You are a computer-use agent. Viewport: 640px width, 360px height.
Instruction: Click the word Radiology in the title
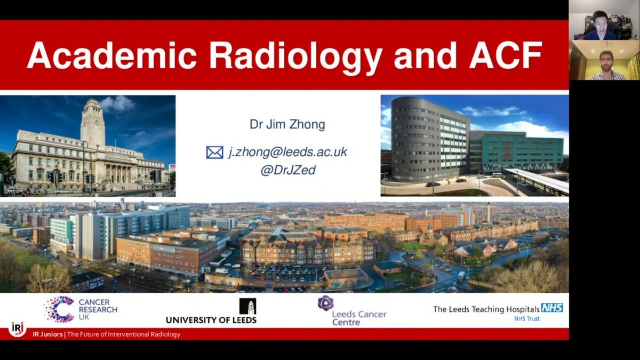pos(295,57)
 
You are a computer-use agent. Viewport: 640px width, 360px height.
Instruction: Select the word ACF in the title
pos(506,55)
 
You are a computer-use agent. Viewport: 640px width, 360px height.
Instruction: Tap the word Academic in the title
pos(111,55)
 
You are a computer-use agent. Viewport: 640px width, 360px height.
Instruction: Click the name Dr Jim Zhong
pos(287,124)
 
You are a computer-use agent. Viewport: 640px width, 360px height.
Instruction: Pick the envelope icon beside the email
pos(214,153)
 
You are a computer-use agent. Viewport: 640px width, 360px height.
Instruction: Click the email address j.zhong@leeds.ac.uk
pos(287,152)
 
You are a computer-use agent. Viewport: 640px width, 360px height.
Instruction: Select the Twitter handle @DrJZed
pos(287,170)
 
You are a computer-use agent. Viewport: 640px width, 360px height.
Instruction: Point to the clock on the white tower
pos(98,122)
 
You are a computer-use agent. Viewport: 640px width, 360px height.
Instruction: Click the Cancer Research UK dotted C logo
pos(59,309)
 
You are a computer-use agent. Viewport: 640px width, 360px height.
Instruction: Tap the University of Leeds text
pos(211,320)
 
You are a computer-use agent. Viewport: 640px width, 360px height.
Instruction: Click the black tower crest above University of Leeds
pos(247,306)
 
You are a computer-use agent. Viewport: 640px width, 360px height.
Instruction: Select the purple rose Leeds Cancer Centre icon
pos(326,303)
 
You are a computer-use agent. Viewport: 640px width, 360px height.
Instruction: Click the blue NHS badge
pos(552,308)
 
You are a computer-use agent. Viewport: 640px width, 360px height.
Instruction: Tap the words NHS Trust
pos(527,318)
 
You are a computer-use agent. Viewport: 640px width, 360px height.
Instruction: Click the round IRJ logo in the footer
pos(18,329)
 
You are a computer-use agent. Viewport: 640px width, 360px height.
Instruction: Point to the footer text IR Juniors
pos(47,334)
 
